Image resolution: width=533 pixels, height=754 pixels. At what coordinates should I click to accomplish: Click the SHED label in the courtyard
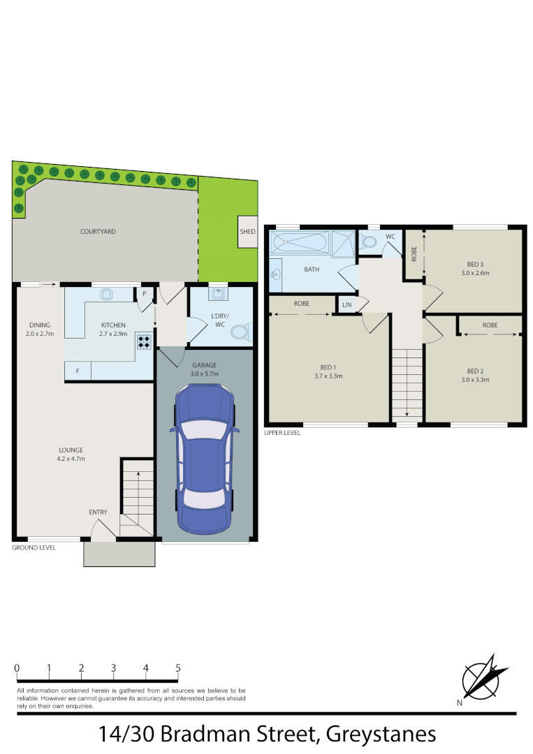(247, 232)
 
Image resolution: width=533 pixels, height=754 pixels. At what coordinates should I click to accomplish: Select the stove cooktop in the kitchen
(145, 342)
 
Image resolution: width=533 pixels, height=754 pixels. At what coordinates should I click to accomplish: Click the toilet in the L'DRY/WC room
(240, 333)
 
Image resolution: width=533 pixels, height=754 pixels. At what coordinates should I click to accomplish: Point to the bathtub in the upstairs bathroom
(299, 244)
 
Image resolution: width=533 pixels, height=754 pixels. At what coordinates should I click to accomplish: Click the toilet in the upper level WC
(368, 243)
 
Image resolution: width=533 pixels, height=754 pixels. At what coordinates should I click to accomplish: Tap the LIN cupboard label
(346, 305)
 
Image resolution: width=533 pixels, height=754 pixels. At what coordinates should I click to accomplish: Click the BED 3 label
(475, 264)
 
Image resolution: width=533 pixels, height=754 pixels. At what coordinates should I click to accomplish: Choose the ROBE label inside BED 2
(490, 325)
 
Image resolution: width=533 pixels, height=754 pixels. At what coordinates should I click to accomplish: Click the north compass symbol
(483, 677)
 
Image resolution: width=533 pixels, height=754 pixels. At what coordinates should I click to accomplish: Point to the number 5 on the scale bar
(178, 668)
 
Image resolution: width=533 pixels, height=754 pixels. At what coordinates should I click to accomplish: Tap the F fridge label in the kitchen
(78, 371)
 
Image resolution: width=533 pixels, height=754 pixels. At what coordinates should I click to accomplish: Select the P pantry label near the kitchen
(145, 294)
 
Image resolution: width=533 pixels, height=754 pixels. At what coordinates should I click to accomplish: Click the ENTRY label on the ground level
(98, 512)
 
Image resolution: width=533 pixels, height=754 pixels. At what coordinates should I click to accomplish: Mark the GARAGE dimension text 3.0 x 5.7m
(205, 374)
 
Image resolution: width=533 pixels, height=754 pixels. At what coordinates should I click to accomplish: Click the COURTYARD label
(98, 231)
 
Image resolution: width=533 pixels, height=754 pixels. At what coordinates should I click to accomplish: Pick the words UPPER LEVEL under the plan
(282, 433)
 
